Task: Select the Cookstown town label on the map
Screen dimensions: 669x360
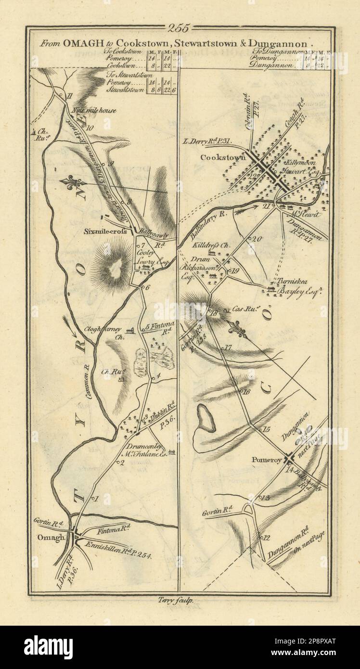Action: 226,157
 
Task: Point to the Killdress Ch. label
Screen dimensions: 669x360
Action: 218,245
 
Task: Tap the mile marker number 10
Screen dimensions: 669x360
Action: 89,128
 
